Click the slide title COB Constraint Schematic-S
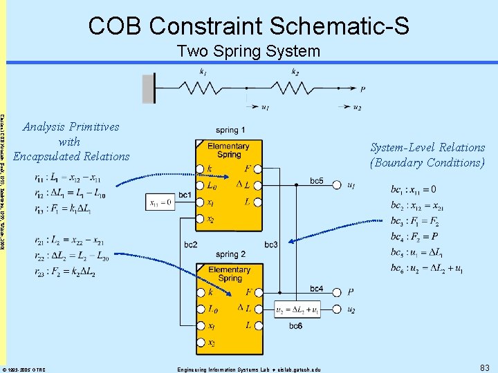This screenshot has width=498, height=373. tap(248, 26)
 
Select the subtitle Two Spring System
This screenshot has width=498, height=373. tap(248, 51)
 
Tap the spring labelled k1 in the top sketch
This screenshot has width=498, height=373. tap(203, 88)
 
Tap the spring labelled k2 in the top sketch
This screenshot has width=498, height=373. tap(295, 88)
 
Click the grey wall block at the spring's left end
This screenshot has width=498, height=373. tap(148, 88)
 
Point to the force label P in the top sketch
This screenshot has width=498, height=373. tap(362, 89)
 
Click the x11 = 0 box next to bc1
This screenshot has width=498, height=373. tap(160, 202)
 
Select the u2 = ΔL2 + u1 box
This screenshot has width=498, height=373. tap(299, 311)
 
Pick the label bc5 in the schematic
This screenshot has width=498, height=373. tap(316, 181)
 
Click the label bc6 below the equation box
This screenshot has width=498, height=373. tap(295, 325)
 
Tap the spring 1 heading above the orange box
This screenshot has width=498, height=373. tap(230, 131)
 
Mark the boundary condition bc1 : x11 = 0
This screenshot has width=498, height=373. tap(413, 190)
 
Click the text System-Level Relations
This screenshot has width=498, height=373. tap(427, 147)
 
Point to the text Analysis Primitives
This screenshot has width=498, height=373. tap(71, 126)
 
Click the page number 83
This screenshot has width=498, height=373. tap(483, 367)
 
